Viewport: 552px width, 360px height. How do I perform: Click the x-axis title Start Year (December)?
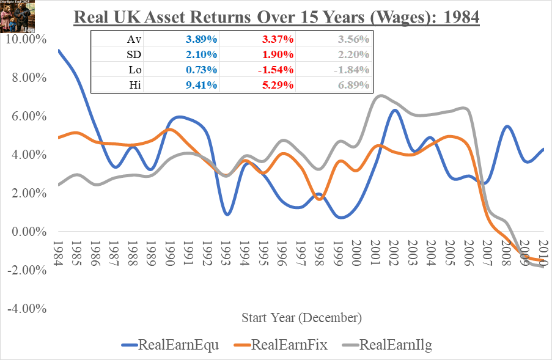(301, 318)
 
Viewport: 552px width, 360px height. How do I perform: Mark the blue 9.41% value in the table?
(201, 85)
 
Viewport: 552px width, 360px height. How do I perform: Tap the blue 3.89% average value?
(201, 39)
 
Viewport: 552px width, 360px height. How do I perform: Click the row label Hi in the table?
(134, 85)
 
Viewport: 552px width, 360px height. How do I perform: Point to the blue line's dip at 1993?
(227, 215)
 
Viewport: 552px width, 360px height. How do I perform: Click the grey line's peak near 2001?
(381, 95)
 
